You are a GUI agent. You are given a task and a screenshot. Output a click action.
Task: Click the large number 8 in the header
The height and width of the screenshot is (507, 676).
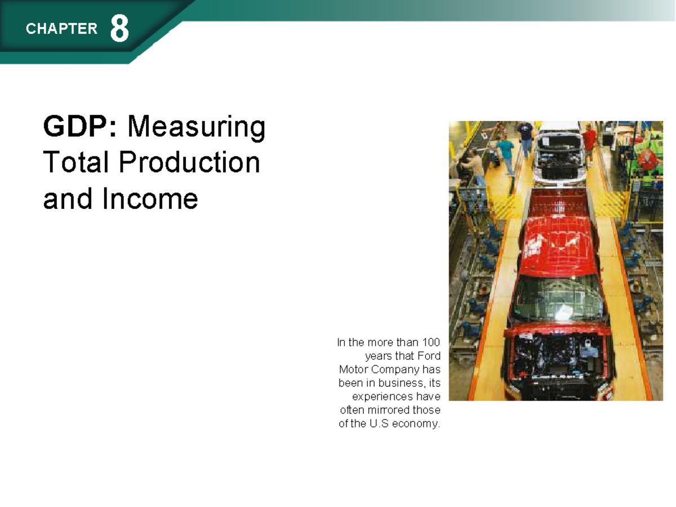tap(119, 29)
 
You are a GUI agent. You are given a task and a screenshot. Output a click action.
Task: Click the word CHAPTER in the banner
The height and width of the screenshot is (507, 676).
tap(61, 29)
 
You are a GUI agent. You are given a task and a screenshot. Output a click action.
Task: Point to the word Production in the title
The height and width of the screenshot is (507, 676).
tap(189, 163)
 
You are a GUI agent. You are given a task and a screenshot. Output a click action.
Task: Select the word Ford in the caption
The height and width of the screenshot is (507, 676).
tap(429, 356)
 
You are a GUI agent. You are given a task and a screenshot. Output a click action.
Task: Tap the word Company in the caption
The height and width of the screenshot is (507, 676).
tap(393, 370)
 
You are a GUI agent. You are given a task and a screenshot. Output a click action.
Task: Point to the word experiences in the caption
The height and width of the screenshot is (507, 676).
tap(383, 397)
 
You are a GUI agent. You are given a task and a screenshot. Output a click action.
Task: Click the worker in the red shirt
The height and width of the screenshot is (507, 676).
tap(589, 141)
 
